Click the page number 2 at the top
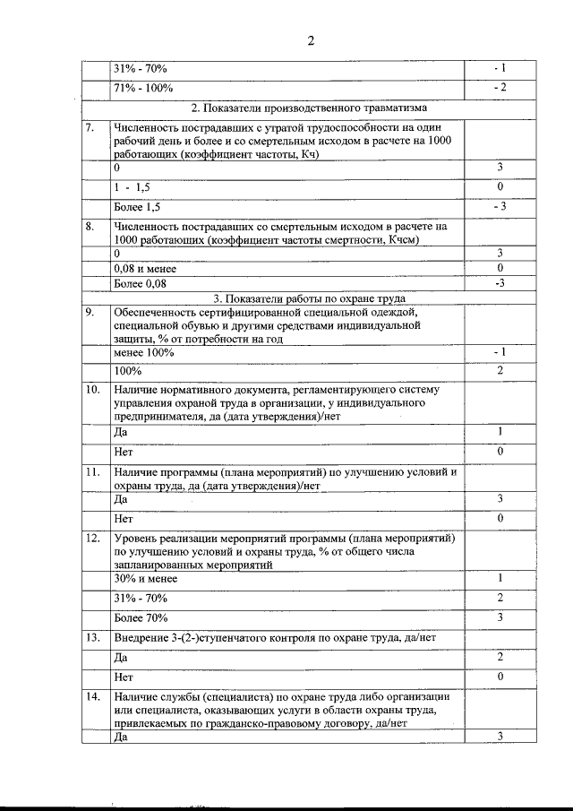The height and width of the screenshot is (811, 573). [x=310, y=41]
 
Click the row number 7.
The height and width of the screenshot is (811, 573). [x=90, y=127]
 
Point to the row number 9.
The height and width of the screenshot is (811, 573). [x=90, y=312]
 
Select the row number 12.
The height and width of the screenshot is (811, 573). [x=92, y=538]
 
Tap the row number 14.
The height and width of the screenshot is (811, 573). [x=92, y=696]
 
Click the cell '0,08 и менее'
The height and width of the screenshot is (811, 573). [x=145, y=268]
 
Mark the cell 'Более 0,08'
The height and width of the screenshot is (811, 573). [x=140, y=283]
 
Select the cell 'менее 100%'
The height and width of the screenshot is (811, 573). [x=143, y=352]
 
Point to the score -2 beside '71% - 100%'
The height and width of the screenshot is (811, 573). [x=500, y=88]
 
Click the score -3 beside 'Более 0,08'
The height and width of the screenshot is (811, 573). [x=500, y=283]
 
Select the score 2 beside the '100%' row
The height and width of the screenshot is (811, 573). [x=500, y=370]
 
